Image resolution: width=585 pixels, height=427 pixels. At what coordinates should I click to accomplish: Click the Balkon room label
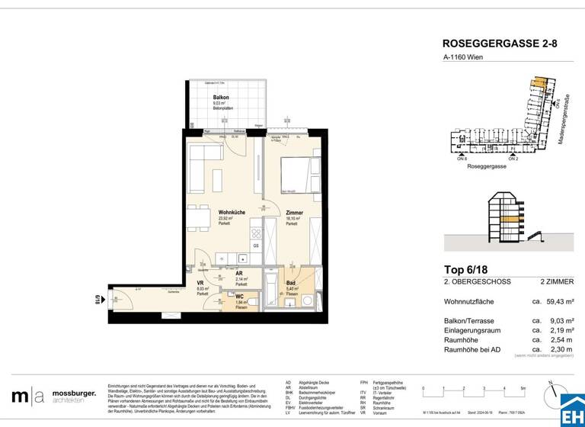[221, 98]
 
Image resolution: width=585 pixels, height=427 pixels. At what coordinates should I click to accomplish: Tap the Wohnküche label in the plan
[231, 213]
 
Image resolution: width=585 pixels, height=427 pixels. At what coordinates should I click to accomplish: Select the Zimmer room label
[295, 213]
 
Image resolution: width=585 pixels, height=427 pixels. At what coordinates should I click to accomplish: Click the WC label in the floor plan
[238, 297]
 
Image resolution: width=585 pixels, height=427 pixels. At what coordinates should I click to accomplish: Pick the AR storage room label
[238, 274]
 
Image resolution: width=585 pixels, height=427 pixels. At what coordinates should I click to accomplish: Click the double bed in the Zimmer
[296, 175]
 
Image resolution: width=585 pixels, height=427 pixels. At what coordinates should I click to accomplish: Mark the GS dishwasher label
[256, 246]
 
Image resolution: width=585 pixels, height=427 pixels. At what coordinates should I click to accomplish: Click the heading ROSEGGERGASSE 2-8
[500, 44]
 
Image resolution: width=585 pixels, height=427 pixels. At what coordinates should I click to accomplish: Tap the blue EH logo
[571, 408]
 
